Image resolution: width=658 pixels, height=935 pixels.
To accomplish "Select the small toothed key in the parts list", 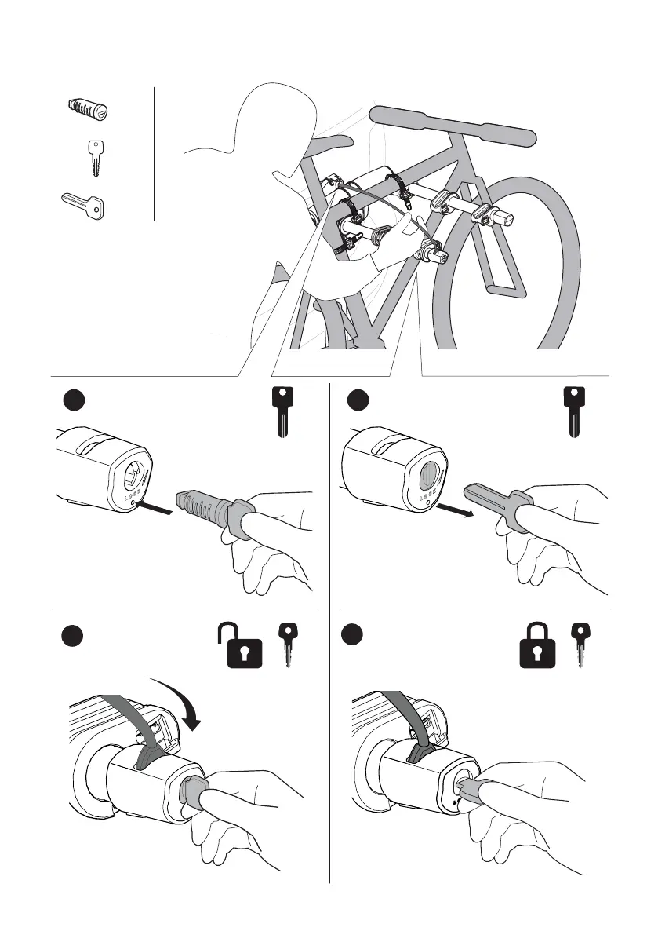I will [x=95, y=158].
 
